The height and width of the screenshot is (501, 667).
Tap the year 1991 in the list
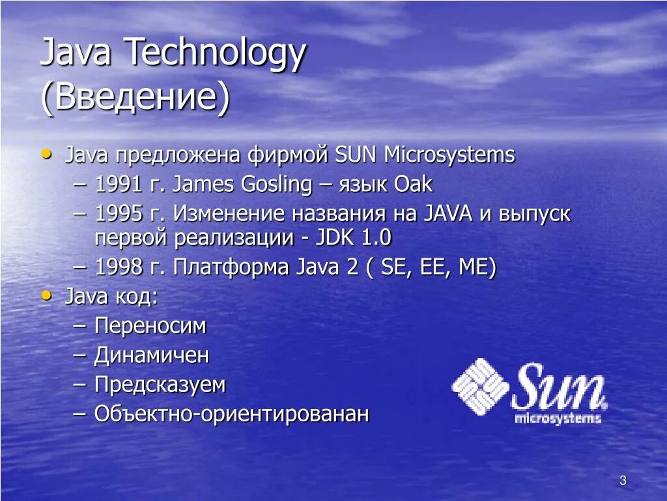point(118,185)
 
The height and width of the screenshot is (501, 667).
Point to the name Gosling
point(277,185)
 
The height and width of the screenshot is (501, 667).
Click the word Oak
point(413,185)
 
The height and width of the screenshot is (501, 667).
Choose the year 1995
point(118,214)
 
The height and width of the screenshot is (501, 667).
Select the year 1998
point(118,267)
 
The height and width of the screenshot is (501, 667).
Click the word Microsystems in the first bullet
point(449,155)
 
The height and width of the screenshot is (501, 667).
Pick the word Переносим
point(150,326)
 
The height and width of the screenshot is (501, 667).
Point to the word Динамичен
point(152,356)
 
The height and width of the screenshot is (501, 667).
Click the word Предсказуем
point(160,385)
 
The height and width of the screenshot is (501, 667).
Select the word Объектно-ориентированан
point(232,414)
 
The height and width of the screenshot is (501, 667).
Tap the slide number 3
point(623,481)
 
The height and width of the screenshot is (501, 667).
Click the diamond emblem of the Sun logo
point(480,387)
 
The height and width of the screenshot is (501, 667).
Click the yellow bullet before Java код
point(46,296)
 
